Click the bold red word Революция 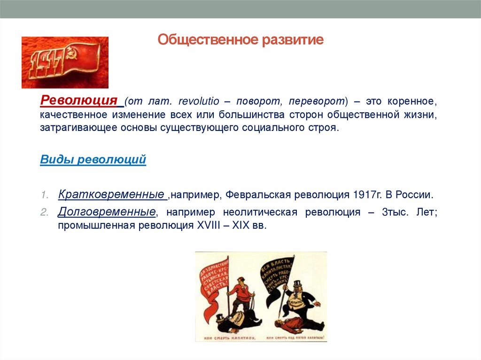[78, 100]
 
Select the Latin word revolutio [195, 102]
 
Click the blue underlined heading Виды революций [93, 160]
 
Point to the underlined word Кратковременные [111, 194]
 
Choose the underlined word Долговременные [107, 212]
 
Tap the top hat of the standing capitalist [297, 284]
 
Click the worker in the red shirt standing [240, 291]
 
